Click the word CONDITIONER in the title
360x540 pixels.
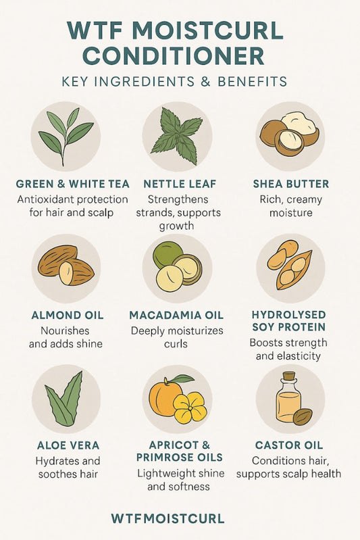click(174, 55)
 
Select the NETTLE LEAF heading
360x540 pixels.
click(180, 184)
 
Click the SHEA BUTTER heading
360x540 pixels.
click(291, 184)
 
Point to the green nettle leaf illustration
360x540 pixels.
click(177, 136)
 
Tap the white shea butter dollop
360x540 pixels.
click(299, 124)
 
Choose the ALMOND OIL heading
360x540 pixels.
click(68, 315)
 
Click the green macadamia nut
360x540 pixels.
click(168, 255)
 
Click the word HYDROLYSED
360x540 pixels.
click(288, 315)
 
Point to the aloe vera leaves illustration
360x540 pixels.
click(64, 399)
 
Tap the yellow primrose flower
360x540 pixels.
click(190, 408)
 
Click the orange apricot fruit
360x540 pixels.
click(166, 398)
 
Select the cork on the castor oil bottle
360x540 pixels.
click(290, 376)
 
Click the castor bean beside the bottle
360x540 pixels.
click(303, 417)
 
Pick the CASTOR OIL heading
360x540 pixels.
click(289, 445)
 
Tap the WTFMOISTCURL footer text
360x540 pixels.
click(168, 518)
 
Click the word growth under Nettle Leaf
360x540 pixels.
click(176, 226)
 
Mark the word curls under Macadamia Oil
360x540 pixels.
click(176, 344)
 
